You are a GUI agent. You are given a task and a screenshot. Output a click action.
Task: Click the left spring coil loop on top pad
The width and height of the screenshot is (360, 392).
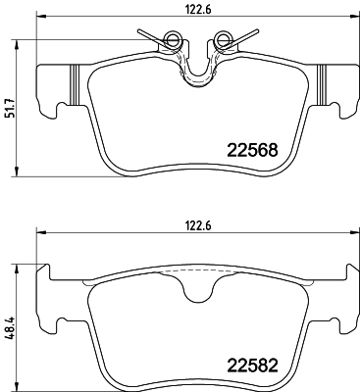click(174, 40)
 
